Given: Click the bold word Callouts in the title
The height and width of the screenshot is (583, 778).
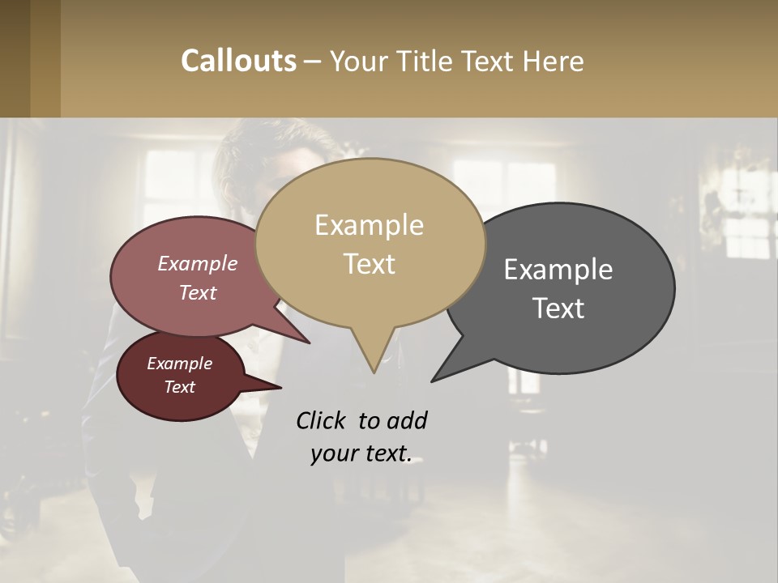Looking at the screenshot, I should coord(238,61).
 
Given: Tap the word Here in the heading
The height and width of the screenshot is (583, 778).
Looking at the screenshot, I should coord(554,61).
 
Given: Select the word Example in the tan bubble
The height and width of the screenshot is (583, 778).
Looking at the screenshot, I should coord(369,225).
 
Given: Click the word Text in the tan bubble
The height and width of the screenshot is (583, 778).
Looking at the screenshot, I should coord(369,264).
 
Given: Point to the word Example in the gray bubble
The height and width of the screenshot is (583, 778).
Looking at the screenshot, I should coord(558,270).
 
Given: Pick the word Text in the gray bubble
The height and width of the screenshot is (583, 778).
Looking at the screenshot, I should coord(558,309).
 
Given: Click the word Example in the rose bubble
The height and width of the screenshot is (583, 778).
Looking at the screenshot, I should coord(198,263).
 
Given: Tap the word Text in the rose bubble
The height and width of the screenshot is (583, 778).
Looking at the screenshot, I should coord(198,292).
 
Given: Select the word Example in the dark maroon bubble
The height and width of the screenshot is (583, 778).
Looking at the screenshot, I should coord(179,364).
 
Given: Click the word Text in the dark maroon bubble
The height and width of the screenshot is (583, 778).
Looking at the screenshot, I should coord(179,387).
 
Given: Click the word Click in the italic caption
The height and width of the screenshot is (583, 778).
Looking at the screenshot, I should coord(322,420).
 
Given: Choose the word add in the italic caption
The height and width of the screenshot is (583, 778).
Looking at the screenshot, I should coord(406,420).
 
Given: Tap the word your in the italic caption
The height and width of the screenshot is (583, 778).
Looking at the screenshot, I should coord(333,453).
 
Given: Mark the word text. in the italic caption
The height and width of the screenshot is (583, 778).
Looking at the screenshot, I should coord(385,453).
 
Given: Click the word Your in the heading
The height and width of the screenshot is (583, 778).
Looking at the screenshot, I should coord(359,61).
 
